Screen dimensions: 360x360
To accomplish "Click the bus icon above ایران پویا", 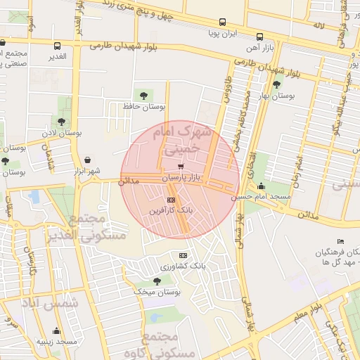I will click(223, 22).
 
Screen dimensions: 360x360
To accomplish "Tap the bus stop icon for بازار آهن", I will click(259, 37).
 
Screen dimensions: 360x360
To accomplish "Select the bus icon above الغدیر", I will click(57, 45).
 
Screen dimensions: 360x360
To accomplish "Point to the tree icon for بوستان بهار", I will click(276, 84).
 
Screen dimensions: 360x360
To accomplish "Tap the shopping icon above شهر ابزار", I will click(86, 160).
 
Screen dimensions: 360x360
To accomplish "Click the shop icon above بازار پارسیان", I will click(182, 167).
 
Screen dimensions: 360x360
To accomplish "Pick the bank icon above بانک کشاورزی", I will click(184, 255).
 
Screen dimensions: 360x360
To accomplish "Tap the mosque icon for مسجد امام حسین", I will click(262, 186).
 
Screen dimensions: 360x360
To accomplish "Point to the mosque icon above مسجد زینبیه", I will click(57, 331).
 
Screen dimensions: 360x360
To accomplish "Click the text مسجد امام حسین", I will click(283, 198).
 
